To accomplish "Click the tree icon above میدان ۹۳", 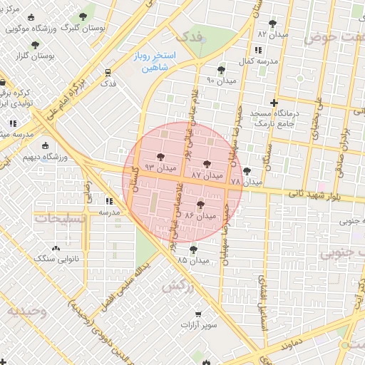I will pos(158,157).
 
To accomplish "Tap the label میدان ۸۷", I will pos(207,175).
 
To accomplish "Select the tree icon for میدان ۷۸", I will pos(247,171).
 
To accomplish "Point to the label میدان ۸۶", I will pos(200,215).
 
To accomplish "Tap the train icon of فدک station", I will pos(108,72).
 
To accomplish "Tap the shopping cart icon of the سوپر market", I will pos(198,314).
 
